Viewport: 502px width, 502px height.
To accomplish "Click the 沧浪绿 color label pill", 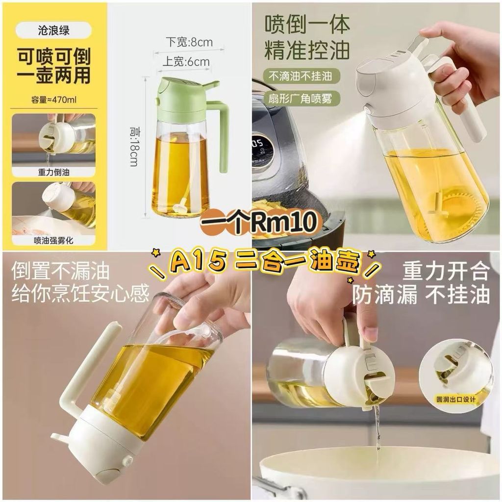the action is pos(53,30).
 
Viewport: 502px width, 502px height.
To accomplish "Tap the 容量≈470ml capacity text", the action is pos(54,100).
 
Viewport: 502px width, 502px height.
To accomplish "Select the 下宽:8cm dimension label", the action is pos(189,42).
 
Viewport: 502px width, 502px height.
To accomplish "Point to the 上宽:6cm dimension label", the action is pos(186,62).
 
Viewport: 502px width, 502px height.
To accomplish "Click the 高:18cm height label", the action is pos(134,147).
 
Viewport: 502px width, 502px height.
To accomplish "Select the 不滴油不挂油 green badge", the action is pos(301,76).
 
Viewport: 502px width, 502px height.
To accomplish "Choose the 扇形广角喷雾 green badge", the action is pos(301,99).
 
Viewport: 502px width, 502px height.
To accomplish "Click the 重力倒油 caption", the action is pos(53,172).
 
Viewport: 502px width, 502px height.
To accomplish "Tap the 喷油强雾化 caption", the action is pos(53,240).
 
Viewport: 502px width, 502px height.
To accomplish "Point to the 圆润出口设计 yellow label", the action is pos(456,399).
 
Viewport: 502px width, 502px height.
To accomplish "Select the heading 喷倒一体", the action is pos(307,24).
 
